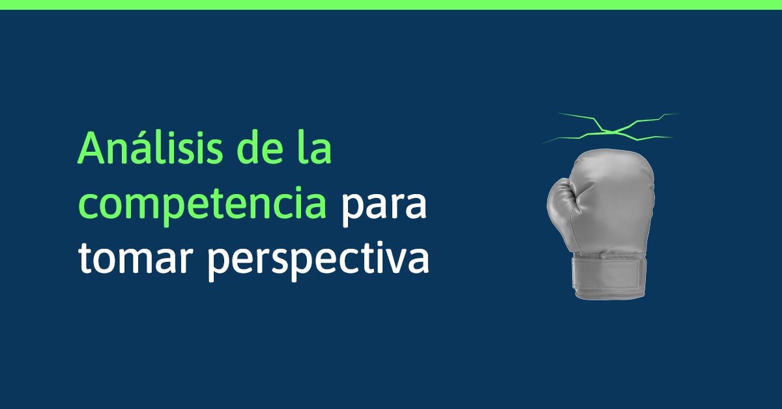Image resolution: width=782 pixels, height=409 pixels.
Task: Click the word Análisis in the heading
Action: [x=150, y=147]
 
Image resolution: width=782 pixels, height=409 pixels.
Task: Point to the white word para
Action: [x=384, y=208]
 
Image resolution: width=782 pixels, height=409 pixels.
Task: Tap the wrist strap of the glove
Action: [x=607, y=275]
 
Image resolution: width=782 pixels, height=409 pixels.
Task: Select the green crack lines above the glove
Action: [x=610, y=128]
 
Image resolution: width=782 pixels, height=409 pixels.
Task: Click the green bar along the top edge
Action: [x=391, y=5]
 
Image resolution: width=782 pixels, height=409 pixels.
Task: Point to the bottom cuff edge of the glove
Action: [x=609, y=295]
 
